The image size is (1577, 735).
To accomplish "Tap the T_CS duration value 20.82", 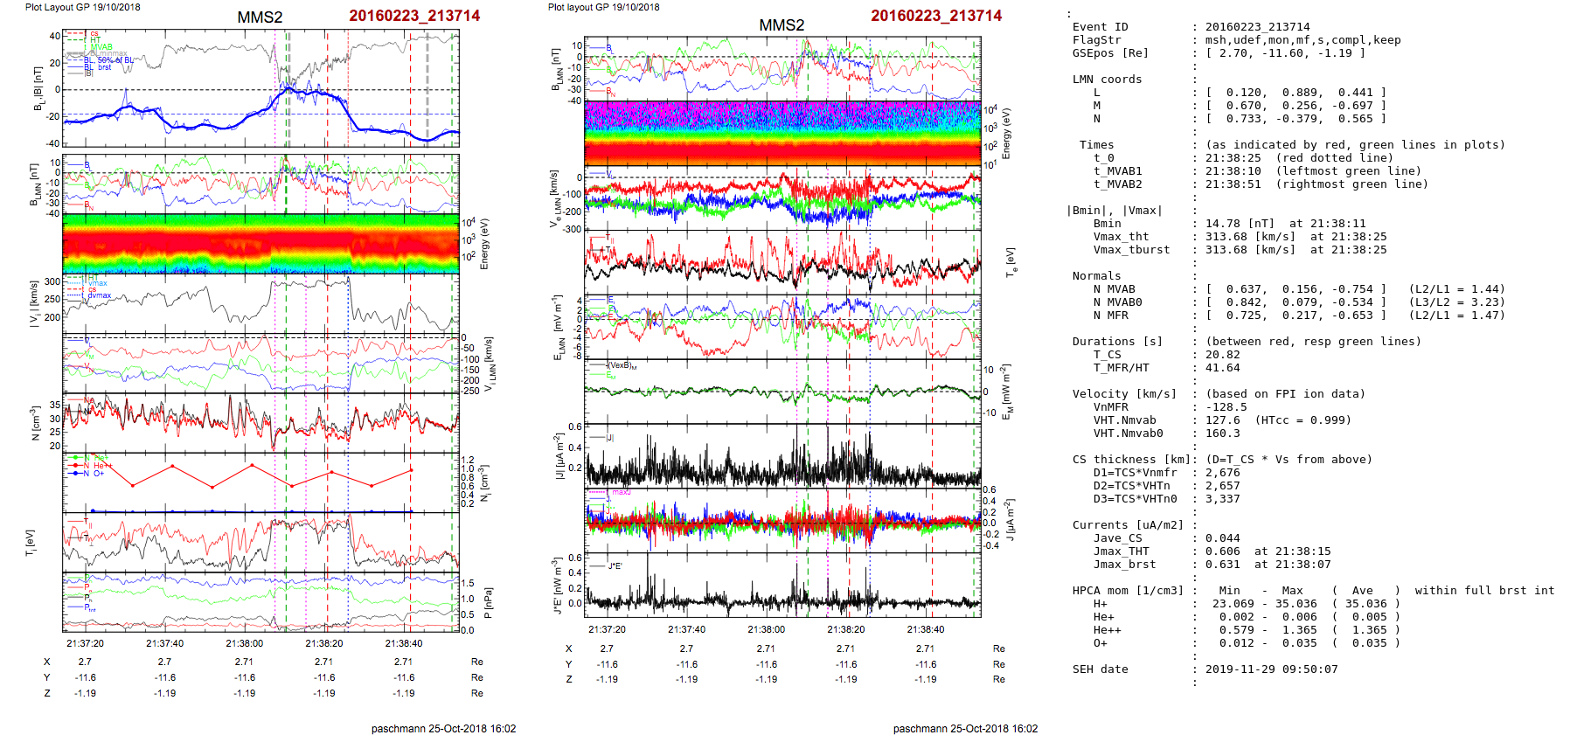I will tap(1222, 355).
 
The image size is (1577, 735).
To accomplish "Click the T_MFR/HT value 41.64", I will tap(1222, 368).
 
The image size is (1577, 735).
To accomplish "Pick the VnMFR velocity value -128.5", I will tap(1226, 407).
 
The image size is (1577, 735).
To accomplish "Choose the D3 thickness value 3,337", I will tap(1222, 499).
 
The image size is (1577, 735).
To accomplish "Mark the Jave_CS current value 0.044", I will tap(1222, 538).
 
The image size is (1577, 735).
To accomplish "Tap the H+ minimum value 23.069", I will tap(1233, 604).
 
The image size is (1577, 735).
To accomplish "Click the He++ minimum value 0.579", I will tap(1236, 630).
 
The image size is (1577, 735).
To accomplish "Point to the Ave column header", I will tap(1362, 591).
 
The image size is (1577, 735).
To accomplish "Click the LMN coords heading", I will tap(1107, 80).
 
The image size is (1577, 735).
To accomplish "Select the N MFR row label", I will tap(1110, 315).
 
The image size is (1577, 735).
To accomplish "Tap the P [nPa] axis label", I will tap(488, 602).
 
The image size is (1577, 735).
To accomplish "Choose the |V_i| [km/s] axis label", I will tap(34, 303).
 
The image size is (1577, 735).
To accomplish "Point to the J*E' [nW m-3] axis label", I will tap(556, 586).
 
